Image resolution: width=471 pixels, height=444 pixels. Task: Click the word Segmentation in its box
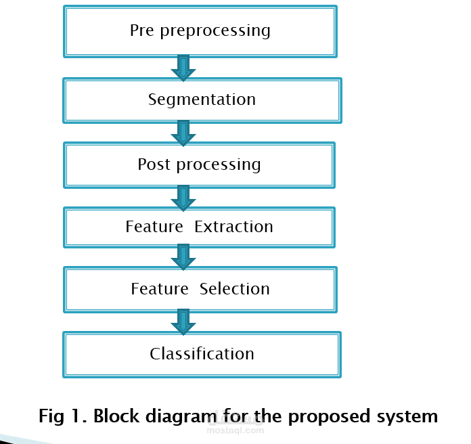coord(202,99)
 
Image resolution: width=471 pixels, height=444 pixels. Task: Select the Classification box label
coord(202,353)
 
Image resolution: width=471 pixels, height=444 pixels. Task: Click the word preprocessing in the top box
coord(215,31)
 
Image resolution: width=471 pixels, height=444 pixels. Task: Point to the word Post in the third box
coord(154,164)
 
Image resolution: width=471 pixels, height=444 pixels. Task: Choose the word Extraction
coord(233,227)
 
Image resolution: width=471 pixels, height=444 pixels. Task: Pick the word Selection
coord(234,289)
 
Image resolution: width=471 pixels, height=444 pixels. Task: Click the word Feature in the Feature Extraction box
coord(154,227)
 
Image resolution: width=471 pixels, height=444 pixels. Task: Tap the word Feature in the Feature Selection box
coord(160,289)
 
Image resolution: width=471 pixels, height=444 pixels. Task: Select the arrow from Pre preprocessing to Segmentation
coord(183,68)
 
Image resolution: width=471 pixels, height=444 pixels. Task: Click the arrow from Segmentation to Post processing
coord(183,133)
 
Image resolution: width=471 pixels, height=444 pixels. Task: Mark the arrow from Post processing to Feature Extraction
coord(183,198)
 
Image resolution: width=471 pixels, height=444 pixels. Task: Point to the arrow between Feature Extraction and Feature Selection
coord(183,257)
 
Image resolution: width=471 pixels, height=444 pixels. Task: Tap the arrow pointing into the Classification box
coord(183,321)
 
